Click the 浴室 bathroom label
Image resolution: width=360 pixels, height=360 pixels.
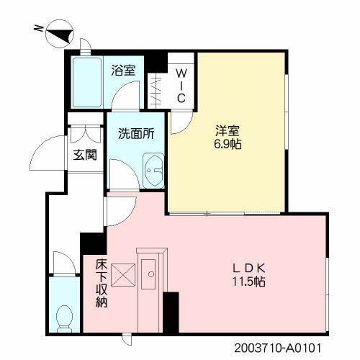124,70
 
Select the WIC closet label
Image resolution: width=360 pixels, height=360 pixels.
182,85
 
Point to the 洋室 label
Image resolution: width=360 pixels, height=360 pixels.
227,130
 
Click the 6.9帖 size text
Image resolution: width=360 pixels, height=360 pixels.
227,144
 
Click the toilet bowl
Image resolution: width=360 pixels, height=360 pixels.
64,316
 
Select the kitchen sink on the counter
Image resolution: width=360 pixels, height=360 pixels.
151,273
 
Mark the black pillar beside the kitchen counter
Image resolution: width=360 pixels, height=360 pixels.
171,312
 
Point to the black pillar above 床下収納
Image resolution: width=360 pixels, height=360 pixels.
91,243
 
